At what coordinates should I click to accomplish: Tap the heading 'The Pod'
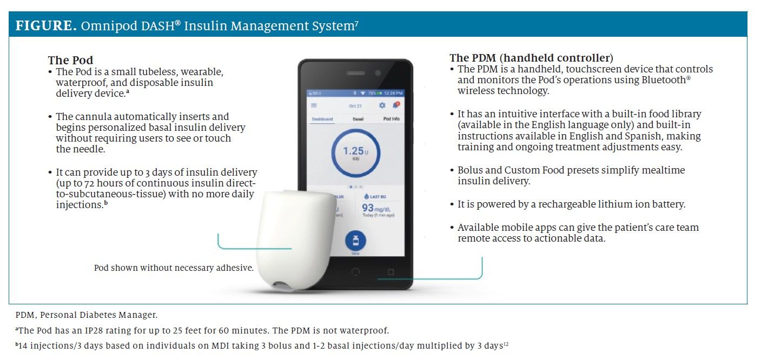[x=70, y=60]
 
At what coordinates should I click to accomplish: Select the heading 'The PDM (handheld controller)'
[x=531, y=58]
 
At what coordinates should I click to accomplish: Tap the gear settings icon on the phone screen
[x=382, y=105]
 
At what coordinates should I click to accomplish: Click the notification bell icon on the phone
[x=395, y=105]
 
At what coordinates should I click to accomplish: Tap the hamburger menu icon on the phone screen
[x=314, y=105]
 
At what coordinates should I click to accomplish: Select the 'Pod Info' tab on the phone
[x=391, y=119]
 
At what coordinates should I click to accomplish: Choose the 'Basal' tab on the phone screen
[x=358, y=119]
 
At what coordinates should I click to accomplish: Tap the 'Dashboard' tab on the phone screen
[x=322, y=119]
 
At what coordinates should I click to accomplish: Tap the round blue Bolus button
[x=355, y=241]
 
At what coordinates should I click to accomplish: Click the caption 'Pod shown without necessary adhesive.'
[x=174, y=268]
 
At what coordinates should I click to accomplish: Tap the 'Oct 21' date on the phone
[x=355, y=106]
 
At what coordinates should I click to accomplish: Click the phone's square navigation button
[x=391, y=271]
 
